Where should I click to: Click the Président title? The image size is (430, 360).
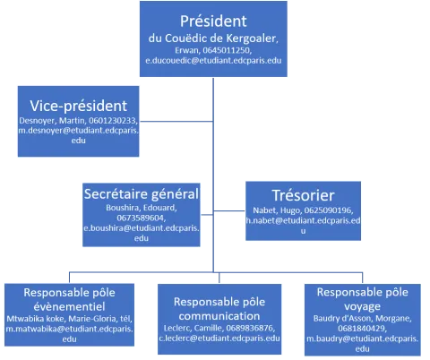[213, 21]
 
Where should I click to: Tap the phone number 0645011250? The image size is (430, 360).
[226, 50]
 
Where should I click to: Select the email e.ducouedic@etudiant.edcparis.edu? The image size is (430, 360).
[213, 61]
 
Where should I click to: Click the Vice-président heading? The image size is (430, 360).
[79, 106]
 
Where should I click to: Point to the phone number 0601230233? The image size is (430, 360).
[112, 121]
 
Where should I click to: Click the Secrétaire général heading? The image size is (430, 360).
[142, 194]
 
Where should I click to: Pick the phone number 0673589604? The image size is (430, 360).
[141, 218]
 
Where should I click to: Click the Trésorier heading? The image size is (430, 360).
[303, 195]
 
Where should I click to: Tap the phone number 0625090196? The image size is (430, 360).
[328, 210]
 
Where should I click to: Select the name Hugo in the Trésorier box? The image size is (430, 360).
[290, 210]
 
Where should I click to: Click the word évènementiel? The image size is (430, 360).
[69, 306]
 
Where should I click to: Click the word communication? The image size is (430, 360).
[219, 316]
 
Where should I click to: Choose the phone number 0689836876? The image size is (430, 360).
[250, 328]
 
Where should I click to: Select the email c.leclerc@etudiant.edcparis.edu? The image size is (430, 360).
[219, 339]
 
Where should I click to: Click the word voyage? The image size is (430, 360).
[362, 307]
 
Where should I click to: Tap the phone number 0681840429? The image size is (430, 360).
[362, 329]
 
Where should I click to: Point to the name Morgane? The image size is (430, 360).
[393, 319]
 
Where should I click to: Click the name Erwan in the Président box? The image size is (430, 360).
[186, 50]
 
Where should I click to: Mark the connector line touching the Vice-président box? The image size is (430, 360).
[176, 122]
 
